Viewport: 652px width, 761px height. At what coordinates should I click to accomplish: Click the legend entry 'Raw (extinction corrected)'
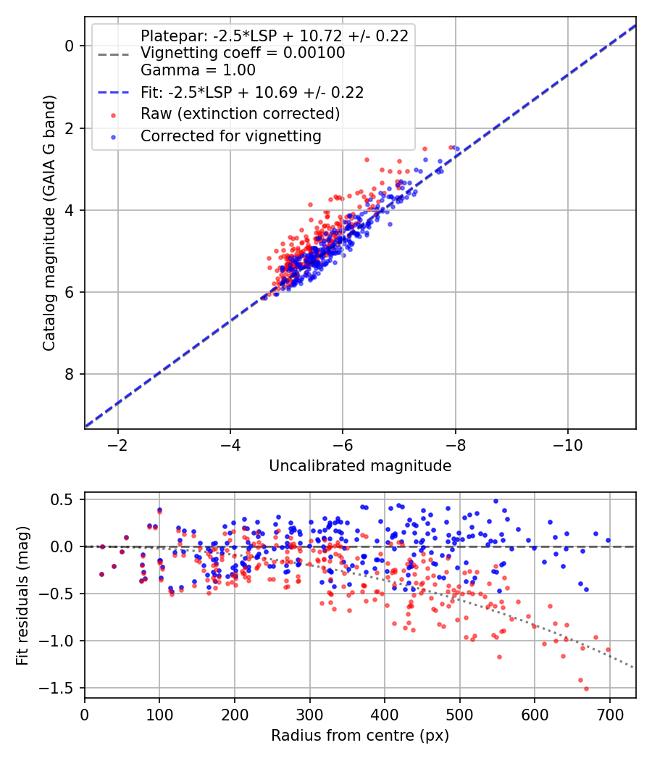coord(240,114)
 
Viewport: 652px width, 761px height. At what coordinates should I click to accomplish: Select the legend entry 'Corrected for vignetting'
coord(231,136)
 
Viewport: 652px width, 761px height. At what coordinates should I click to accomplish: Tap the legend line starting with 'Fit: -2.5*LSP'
coord(252,92)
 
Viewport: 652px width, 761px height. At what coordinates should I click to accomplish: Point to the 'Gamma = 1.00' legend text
coord(198,70)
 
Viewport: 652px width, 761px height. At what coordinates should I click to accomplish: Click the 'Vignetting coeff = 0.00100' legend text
coord(243,53)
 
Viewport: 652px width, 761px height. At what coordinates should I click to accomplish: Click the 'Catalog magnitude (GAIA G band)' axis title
coord(49,223)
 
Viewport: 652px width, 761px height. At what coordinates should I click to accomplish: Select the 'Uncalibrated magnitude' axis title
coord(360,465)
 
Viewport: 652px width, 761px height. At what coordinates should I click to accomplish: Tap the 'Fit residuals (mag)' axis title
coord(22,596)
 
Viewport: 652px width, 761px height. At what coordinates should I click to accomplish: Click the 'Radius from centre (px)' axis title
coord(360,736)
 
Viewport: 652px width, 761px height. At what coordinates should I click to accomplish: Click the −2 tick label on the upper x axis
coord(117,444)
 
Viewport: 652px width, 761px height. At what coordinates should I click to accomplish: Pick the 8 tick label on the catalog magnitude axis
coord(70,374)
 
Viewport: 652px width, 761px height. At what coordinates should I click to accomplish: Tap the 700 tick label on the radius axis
coord(609,715)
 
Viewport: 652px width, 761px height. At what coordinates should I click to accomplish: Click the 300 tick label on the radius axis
coord(309,715)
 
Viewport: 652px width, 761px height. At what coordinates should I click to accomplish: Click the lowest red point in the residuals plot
coord(586,689)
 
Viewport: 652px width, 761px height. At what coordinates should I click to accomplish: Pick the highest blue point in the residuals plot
coord(496,501)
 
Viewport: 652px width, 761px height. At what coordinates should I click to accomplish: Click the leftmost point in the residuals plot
coord(102,574)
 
